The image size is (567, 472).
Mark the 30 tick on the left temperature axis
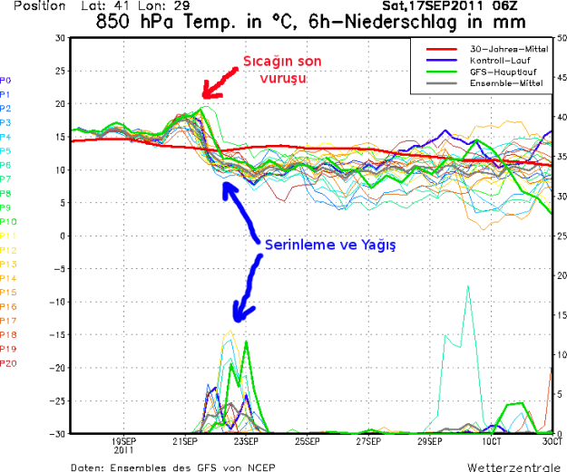(60, 38)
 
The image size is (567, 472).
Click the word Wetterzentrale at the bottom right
(513, 467)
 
